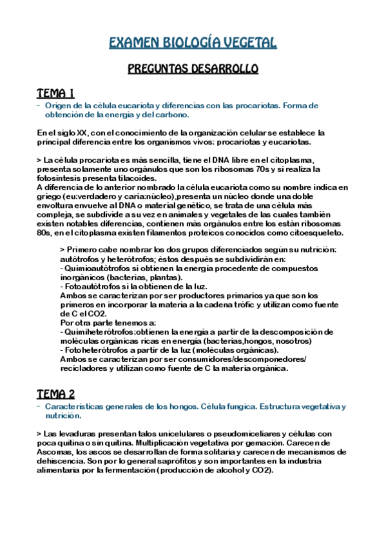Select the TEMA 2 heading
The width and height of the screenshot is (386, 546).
click(x=56, y=394)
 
